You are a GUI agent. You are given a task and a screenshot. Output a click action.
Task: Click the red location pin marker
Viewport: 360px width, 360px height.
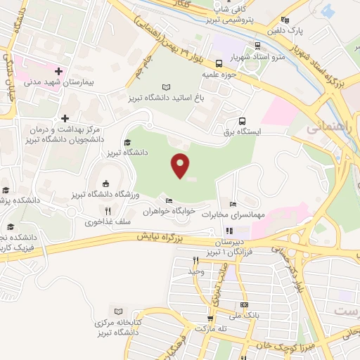click(181, 166)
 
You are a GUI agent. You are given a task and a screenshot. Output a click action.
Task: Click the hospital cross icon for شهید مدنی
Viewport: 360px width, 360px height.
click(58, 71)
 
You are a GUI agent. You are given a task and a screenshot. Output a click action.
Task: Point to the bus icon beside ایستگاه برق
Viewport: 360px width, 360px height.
click(243, 120)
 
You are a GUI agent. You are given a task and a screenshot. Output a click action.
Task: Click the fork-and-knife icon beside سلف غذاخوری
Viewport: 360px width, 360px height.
click(108, 210)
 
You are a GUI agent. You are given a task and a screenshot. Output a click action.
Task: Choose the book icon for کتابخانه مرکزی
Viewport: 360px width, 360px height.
click(118, 311)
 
